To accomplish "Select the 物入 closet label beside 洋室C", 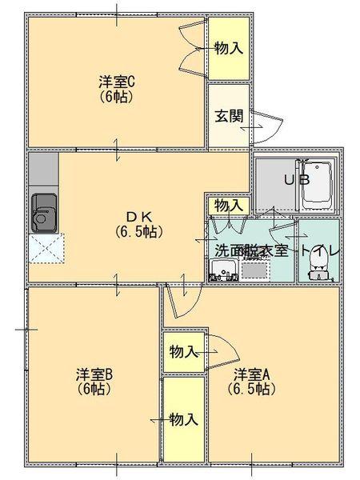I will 229,48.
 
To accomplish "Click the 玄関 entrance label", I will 229,114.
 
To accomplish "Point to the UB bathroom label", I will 296,179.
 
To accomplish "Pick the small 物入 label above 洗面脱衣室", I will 228,205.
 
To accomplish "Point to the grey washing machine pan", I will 256,270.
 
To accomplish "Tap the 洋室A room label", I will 252,374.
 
